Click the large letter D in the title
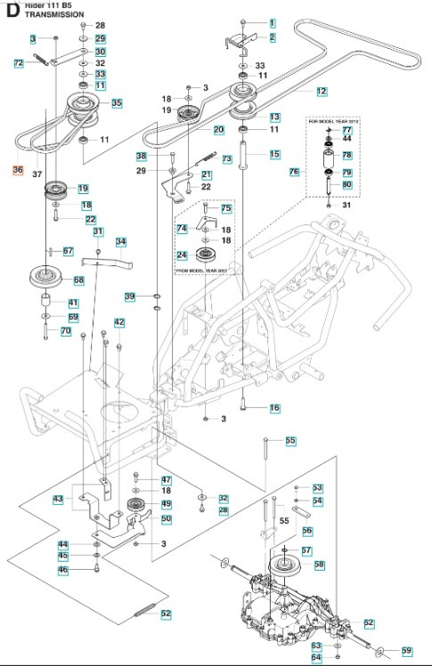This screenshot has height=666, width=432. pyautogui.click(x=11, y=12)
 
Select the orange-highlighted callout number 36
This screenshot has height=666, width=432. pyautogui.click(x=19, y=168)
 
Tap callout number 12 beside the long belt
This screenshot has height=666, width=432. pyautogui.click(x=322, y=91)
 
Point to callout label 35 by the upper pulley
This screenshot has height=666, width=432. pyautogui.click(x=117, y=103)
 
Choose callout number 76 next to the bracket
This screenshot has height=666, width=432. pyautogui.click(x=295, y=171)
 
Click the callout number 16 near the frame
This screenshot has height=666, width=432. pyautogui.click(x=273, y=408)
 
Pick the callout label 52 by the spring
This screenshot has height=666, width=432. pyautogui.click(x=166, y=613)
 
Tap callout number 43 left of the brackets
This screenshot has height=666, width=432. pyautogui.click(x=58, y=499)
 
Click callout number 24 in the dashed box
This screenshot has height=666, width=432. pyautogui.click(x=181, y=255)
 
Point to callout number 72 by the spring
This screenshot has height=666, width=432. pyautogui.click(x=19, y=62)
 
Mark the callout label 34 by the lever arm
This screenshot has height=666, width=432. pyautogui.click(x=121, y=241)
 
